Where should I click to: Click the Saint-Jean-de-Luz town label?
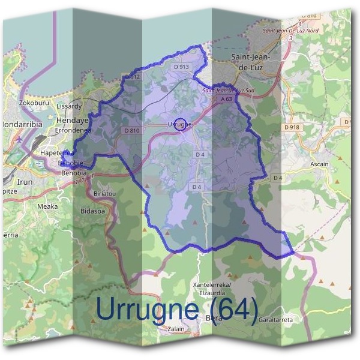point(254,62)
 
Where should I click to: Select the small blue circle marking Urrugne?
point(179,124)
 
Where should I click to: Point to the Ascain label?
point(302,163)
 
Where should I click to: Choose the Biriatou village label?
point(106,194)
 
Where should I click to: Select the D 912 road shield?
point(133,77)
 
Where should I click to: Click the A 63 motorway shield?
point(226,98)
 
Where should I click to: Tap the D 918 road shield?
point(292,128)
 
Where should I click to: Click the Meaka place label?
point(47,206)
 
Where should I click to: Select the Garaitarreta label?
point(276,320)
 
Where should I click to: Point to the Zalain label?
point(176,329)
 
